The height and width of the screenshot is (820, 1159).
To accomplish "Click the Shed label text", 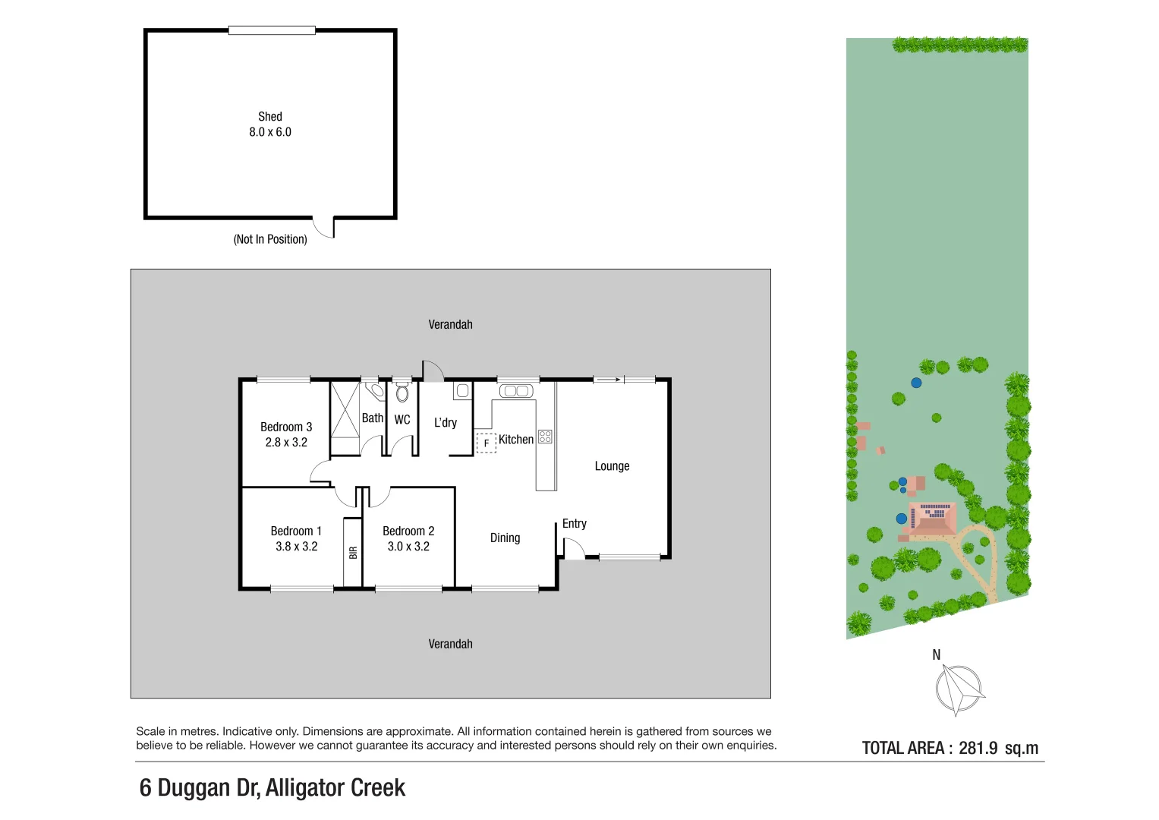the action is (270, 116).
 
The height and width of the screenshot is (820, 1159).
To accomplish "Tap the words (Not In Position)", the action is (270, 239).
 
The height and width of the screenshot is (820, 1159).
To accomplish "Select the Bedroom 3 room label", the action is (286, 427).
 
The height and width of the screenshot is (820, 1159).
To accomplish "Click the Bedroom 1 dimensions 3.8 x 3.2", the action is (297, 546).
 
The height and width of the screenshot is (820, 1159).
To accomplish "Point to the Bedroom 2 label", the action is (408, 531).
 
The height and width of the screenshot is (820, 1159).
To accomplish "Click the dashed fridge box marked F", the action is (486, 443).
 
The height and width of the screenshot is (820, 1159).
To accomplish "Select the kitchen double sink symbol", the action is (516, 391).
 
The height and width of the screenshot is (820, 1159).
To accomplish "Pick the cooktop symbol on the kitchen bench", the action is (546, 437).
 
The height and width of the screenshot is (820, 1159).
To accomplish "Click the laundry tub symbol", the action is (462, 391).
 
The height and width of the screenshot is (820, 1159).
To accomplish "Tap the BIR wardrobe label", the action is (354, 553).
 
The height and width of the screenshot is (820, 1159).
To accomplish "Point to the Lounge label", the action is (612, 466).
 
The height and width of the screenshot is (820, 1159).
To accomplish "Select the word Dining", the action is (505, 538).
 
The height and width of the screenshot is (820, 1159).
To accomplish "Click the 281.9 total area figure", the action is (978, 748).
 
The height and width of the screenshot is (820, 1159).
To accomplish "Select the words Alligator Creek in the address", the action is (335, 788).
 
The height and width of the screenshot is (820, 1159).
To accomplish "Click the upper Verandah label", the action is (450, 325).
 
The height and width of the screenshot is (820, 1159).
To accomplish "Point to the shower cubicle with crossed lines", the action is (345, 410).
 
